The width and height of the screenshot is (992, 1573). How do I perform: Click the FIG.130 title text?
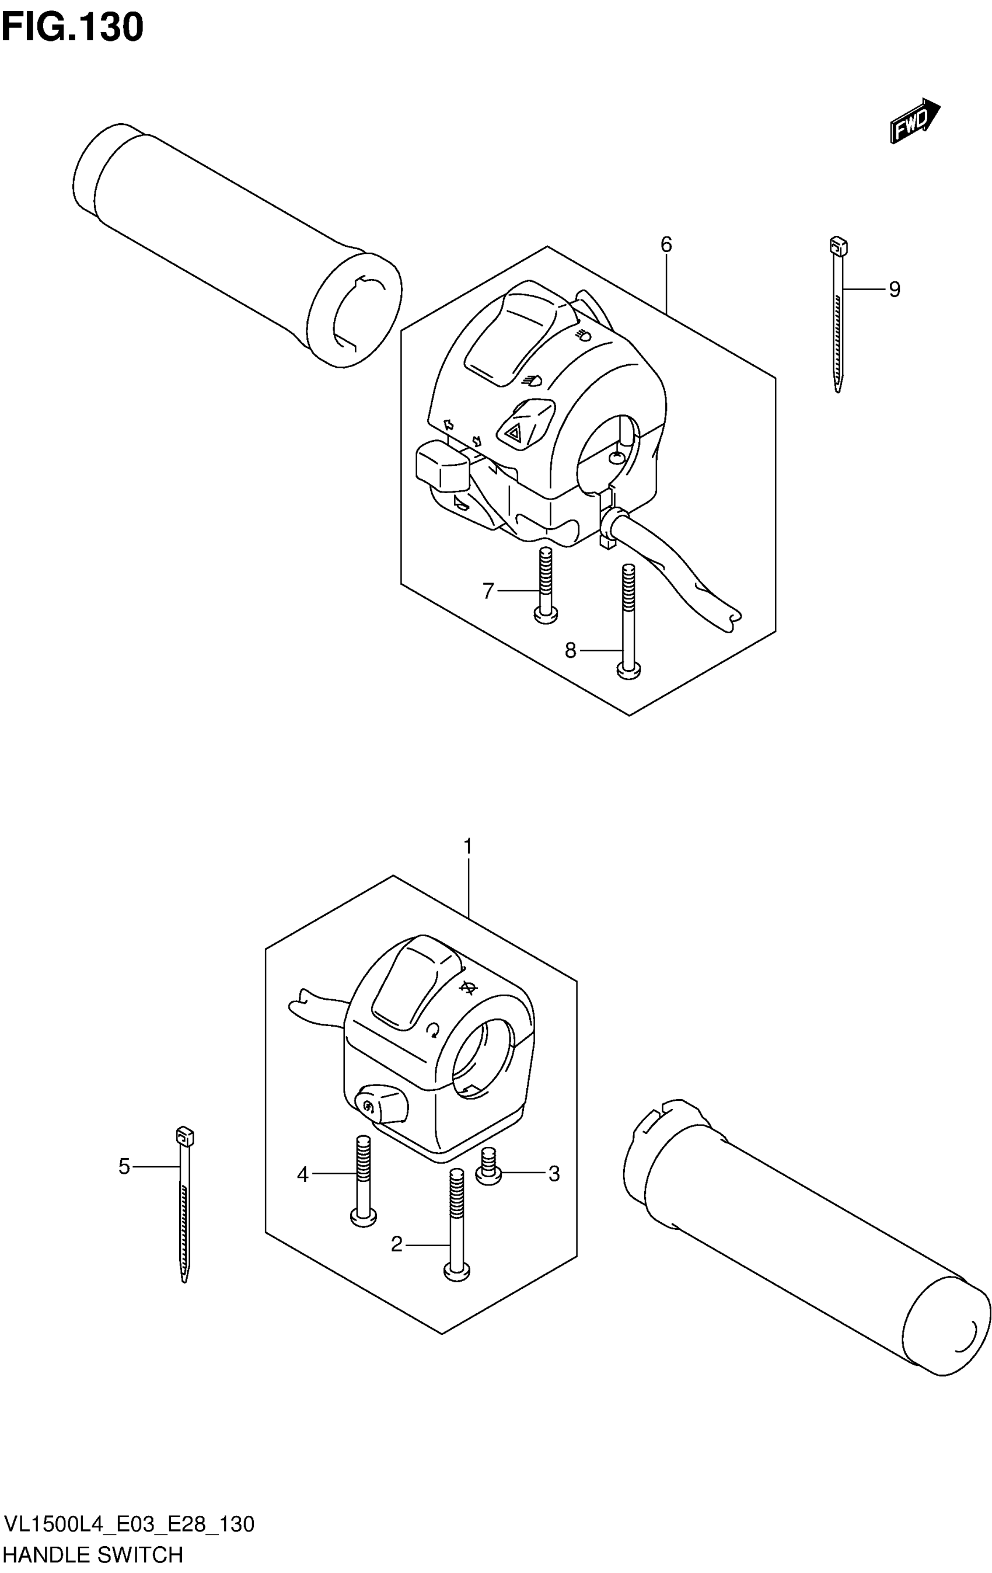pyautogui.click(x=72, y=28)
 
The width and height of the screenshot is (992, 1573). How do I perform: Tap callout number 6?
pyautogui.click(x=665, y=245)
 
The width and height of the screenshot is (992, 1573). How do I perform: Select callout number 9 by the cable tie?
pyautogui.click(x=894, y=289)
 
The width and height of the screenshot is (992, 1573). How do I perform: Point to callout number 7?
pyautogui.click(x=488, y=591)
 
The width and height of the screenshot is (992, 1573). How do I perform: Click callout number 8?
pyautogui.click(x=570, y=651)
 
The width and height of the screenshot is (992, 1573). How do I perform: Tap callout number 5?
pyautogui.click(x=124, y=1166)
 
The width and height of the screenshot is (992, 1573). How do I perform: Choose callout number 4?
pyautogui.click(x=302, y=1175)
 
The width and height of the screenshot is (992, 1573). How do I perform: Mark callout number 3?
pyautogui.click(x=554, y=1174)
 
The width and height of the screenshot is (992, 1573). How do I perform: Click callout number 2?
pyautogui.click(x=396, y=1245)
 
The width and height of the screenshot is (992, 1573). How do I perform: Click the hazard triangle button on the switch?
pyautogui.click(x=514, y=432)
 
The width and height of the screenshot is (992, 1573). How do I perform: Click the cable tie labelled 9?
pyautogui.click(x=838, y=313)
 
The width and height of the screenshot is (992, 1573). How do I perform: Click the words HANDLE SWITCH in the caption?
pyautogui.click(x=93, y=1555)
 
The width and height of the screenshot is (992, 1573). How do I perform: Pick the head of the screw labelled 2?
pyautogui.click(x=456, y=1271)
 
